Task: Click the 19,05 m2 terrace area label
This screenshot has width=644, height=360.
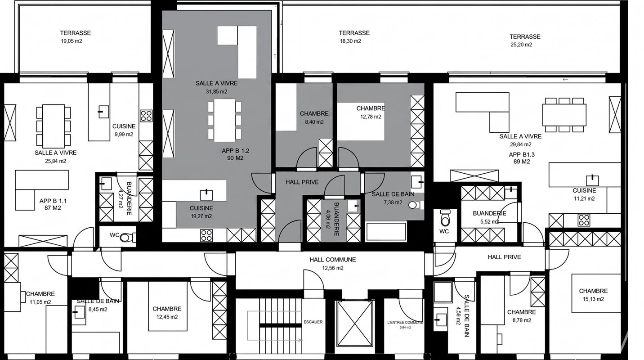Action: coord(72,41)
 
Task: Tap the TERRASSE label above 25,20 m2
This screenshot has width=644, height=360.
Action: coord(525,36)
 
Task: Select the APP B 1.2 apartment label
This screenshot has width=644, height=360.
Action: coord(236,150)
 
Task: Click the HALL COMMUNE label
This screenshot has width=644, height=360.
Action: coord(333,260)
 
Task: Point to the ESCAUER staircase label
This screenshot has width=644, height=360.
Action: coord(313,322)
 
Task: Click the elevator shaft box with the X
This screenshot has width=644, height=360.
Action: coord(355,323)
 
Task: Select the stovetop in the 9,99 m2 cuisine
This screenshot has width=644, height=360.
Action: coord(146,115)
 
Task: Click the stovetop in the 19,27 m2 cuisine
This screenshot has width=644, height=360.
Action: coord(206,235)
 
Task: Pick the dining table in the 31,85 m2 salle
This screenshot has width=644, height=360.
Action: coord(224,120)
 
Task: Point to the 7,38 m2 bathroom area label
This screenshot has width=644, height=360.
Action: coord(393,202)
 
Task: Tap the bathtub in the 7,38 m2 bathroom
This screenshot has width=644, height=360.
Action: coord(386,231)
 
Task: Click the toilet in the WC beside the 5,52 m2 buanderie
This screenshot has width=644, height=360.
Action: coord(445,217)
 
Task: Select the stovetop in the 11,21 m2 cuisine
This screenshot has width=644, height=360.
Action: coord(584,220)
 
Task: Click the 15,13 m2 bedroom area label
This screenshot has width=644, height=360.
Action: coord(593,299)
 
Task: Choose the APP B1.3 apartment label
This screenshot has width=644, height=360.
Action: coord(522,154)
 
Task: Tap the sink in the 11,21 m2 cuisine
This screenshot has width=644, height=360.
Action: coord(592,180)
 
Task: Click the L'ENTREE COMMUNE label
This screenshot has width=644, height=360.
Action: coord(405,323)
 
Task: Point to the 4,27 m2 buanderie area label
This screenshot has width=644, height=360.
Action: coord(121,198)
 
